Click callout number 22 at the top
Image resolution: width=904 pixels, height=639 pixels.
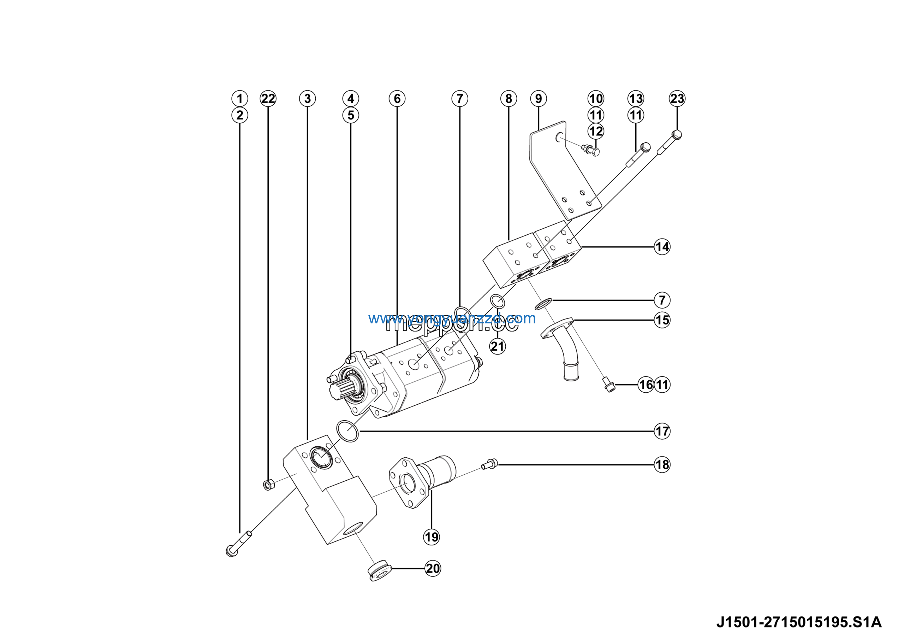(x=268, y=99)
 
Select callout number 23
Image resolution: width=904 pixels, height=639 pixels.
(x=677, y=99)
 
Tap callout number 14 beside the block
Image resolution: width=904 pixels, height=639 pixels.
(x=662, y=247)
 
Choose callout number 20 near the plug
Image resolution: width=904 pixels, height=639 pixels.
(x=433, y=568)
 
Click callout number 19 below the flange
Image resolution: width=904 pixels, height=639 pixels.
(x=431, y=537)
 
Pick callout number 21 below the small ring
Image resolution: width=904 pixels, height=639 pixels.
(x=497, y=346)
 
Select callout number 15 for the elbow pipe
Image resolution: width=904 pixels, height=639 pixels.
(x=662, y=320)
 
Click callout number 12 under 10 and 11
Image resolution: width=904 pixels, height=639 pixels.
(x=596, y=131)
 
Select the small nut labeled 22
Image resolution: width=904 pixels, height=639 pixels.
(x=268, y=484)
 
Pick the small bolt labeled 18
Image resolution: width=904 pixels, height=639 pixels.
(x=490, y=464)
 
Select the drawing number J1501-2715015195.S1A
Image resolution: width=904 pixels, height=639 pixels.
(x=798, y=622)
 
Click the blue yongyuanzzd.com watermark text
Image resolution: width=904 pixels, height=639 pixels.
(x=452, y=318)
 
